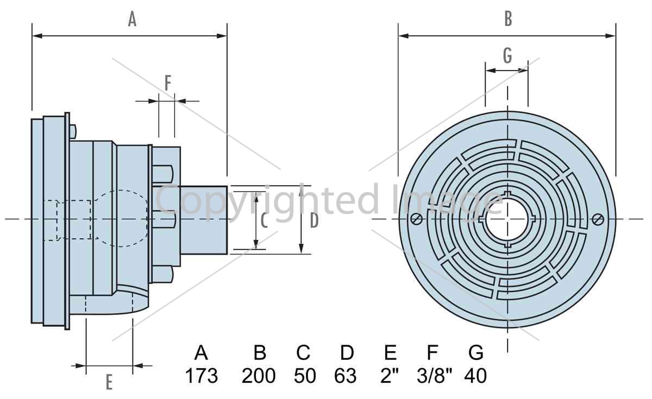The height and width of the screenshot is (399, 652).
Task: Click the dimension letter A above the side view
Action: (x=132, y=19)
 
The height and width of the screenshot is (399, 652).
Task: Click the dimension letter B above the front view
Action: (x=508, y=19)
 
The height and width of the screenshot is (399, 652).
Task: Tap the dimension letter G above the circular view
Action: (x=507, y=55)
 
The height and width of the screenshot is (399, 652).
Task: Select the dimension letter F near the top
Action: (x=168, y=83)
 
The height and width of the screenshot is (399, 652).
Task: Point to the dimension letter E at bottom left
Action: (x=109, y=382)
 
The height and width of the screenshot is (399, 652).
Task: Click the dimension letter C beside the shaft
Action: (x=264, y=220)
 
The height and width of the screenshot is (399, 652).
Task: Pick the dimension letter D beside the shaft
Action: (x=314, y=220)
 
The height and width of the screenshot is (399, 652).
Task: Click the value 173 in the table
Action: (x=202, y=376)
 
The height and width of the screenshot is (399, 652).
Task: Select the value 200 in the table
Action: (x=259, y=376)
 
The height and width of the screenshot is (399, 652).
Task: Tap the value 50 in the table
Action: (x=305, y=376)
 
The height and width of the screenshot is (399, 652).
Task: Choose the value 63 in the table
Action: (x=345, y=376)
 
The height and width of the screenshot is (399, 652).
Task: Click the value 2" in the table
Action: (x=390, y=375)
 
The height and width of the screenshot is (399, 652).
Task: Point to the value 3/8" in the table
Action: (x=435, y=375)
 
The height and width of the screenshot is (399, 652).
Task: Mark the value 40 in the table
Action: (x=475, y=376)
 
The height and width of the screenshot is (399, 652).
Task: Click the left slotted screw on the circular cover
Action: (x=417, y=219)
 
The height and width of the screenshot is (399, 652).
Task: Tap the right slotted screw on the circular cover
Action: (x=598, y=219)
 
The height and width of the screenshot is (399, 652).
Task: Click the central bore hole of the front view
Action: (x=507, y=219)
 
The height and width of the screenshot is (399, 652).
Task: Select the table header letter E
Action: (x=390, y=352)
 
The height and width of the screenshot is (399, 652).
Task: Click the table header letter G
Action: (x=476, y=352)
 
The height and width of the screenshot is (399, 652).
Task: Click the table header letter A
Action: (x=201, y=352)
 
